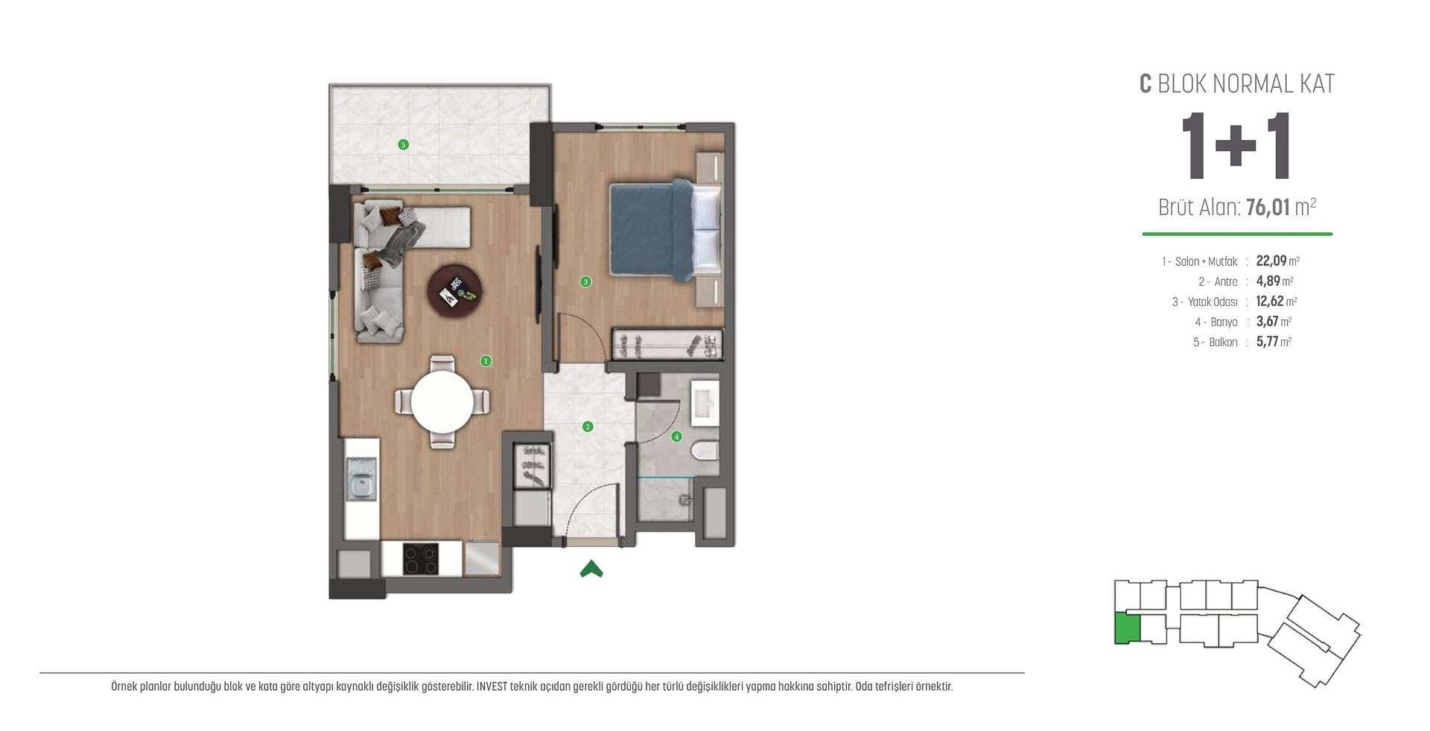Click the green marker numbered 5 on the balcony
click(x=403, y=144)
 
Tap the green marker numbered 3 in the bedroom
click(x=586, y=281)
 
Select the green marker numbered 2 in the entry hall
click(x=588, y=427)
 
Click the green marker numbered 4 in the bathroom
click(x=676, y=437)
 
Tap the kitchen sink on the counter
click(x=361, y=479)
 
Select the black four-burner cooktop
click(x=421, y=559)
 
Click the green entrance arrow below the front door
click(x=591, y=569)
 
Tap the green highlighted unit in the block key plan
click(x=1127, y=629)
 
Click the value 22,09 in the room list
click(x=1271, y=261)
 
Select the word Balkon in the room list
click(x=1223, y=342)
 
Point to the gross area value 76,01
click(x=1267, y=207)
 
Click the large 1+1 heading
click(x=1236, y=147)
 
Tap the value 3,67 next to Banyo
click(x=1267, y=322)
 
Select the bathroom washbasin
click(x=705, y=403)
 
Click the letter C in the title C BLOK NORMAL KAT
click(x=1145, y=84)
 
